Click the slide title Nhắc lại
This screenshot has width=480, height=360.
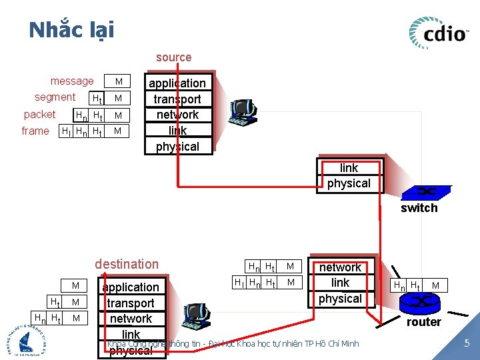(x=71, y=30)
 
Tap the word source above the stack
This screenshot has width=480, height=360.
(x=173, y=58)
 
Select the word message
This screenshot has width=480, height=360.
(x=72, y=81)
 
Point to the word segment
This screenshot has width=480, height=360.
(x=55, y=97)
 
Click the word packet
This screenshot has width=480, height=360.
(x=39, y=114)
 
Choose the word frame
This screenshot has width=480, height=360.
(x=35, y=131)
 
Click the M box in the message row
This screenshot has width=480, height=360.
(x=119, y=82)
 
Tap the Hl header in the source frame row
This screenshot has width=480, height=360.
(x=66, y=131)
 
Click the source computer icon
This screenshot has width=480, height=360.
(x=241, y=111)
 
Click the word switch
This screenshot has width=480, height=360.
(x=419, y=208)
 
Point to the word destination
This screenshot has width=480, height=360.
(x=127, y=264)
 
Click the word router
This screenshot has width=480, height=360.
(x=424, y=322)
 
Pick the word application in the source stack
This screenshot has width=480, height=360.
(x=177, y=83)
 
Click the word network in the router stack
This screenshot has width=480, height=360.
(x=340, y=267)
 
